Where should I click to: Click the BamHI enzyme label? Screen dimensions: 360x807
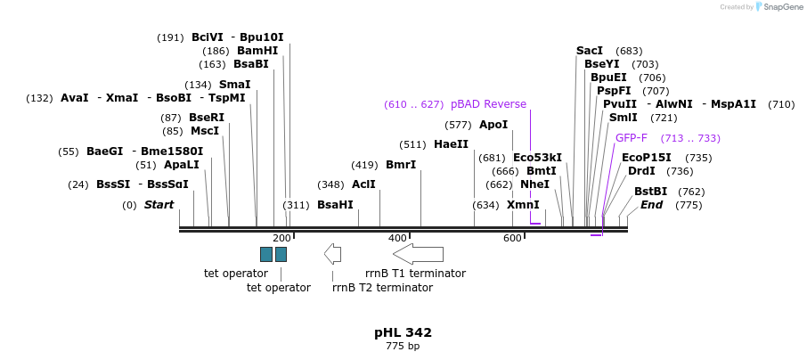pyautogui.click(x=257, y=51)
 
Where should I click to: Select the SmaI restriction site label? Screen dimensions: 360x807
pyautogui.click(x=234, y=85)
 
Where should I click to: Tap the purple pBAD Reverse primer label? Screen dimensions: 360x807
pyautogui.click(x=488, y=104)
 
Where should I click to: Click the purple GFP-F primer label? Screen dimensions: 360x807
pyautogui.click(x=632, y=138)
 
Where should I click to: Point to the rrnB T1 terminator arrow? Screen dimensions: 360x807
pyautogui.click(x=418, y=254)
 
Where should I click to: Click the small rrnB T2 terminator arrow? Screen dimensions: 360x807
pyautogui.click(x=332, y=254)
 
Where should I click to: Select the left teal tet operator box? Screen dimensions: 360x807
pyautogui.click(x=265, y=254)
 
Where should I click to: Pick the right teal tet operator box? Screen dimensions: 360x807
pyautogui.click(x=281, y=254)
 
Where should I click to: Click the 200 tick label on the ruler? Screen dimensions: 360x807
pyautogui.click(x=281, y=238)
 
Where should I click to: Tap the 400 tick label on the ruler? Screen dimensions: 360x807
pyautogui.click(x=397, y=238)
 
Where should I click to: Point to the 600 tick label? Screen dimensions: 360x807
pyautogui.click(x=512, y=238)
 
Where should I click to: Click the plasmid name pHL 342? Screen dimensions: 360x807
pyautogui.click(x=403, y=332)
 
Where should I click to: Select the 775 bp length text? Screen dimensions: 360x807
pyautogui.click(x=403, y=346)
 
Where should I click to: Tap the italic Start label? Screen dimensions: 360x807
pyautogui.click(x=159, y=205)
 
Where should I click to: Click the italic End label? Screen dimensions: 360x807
pyautogui.click(x=651, y=205)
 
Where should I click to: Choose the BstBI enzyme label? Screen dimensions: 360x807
pyautogui.click(x=650, y=192)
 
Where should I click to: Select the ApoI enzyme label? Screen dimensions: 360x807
pyautogui.click(x=493, y=125)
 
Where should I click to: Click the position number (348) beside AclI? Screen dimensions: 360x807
pyautogui.click(x=330, y=184)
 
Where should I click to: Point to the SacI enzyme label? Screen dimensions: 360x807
pyautogui.click(x=590, y=51)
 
